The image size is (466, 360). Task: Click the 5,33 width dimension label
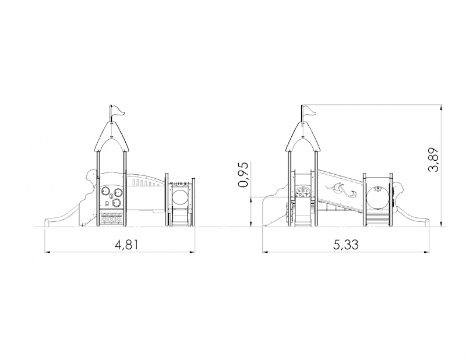coord(346,245)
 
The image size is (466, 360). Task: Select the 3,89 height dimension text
coord(433,160)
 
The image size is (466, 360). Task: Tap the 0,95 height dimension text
coord(243,175)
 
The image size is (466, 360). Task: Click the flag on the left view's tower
coord(118,111)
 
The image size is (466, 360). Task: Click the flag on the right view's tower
coord(309,111)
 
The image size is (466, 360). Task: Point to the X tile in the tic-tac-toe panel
coord(111,220)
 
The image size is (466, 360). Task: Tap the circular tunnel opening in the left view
coord(179,197)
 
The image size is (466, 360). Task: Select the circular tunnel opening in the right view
coord(377,197)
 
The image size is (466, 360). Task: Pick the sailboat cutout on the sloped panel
coord(338,189)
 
